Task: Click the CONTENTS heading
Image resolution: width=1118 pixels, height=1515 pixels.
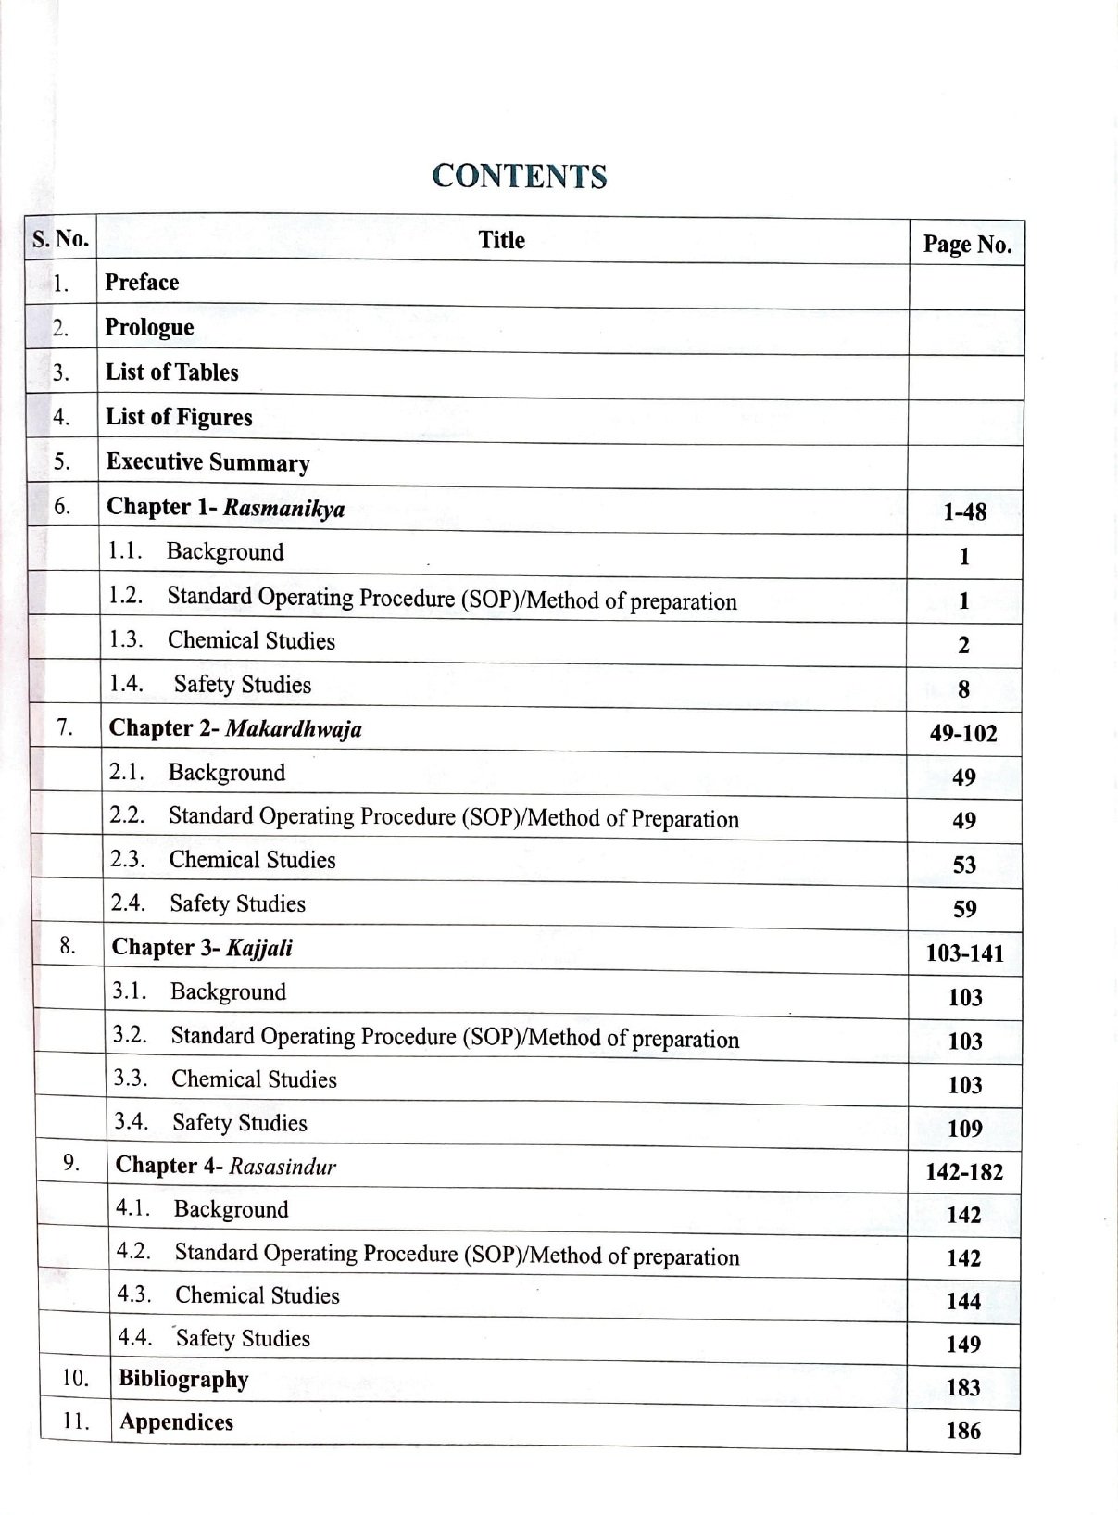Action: pos(519,176)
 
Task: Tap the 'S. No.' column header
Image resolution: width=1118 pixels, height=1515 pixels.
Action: pos(60,239)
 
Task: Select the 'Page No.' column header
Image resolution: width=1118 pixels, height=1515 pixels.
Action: pos(966,245)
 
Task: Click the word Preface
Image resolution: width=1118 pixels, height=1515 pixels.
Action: pos(142,283)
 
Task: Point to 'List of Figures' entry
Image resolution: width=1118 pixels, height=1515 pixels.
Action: pos(179,417)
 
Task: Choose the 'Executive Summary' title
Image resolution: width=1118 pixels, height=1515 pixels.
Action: pos(207,462)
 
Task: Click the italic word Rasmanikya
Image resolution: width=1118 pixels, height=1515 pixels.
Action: pos(283,508)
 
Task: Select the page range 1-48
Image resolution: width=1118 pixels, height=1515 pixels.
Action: pos(964,512)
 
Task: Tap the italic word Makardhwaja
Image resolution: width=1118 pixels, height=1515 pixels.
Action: pos(294,728)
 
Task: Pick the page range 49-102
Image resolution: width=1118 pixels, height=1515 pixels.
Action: pos(963,734)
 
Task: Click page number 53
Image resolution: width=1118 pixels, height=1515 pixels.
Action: pos(964,865)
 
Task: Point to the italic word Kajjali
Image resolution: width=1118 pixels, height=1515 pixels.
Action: pos(259,948)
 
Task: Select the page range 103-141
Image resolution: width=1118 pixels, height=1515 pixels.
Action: pos(964,953)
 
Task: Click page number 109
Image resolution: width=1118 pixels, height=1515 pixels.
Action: pos(964,1129)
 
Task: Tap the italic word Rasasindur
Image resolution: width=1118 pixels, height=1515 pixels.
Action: pos(282,1167)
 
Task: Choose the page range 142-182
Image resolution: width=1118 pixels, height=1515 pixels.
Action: pos(964,1172)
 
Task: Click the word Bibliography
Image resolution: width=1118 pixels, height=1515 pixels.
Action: pos(183,1380)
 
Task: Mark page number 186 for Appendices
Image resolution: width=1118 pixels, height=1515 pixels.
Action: pos(963,1431)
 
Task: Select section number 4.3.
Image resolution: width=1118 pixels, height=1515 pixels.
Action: pos(134,1294)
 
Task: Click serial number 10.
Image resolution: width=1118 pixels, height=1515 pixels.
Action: pos(75,1379)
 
